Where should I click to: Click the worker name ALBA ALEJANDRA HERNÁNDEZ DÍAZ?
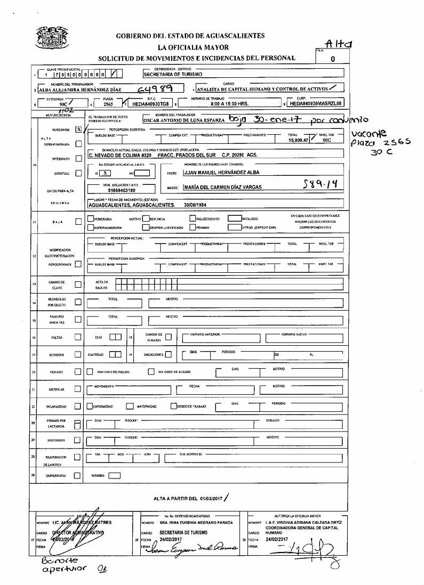[74, 90]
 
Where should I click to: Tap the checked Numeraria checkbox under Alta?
[78, 129]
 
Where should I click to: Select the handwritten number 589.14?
[318, 184]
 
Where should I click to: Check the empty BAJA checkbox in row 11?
[78, 222]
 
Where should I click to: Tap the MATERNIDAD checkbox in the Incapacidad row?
[130, 406]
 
